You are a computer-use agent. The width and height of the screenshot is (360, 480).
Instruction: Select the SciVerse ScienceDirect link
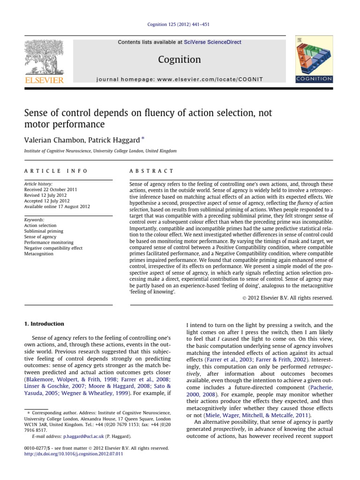(x=213, y=42)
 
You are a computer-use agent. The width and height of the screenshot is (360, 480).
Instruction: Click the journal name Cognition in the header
(x=180, y=60)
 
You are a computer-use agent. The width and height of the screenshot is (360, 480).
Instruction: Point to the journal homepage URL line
(x=180, y=80)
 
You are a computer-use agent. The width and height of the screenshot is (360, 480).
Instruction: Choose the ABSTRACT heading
(x=151, y=172)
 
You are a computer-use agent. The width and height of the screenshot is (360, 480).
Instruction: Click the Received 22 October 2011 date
(x=50, y=190)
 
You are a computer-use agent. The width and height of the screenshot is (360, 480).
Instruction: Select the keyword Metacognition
(x=39, y=254)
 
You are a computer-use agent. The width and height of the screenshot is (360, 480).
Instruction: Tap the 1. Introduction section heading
(x=44, y=324)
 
